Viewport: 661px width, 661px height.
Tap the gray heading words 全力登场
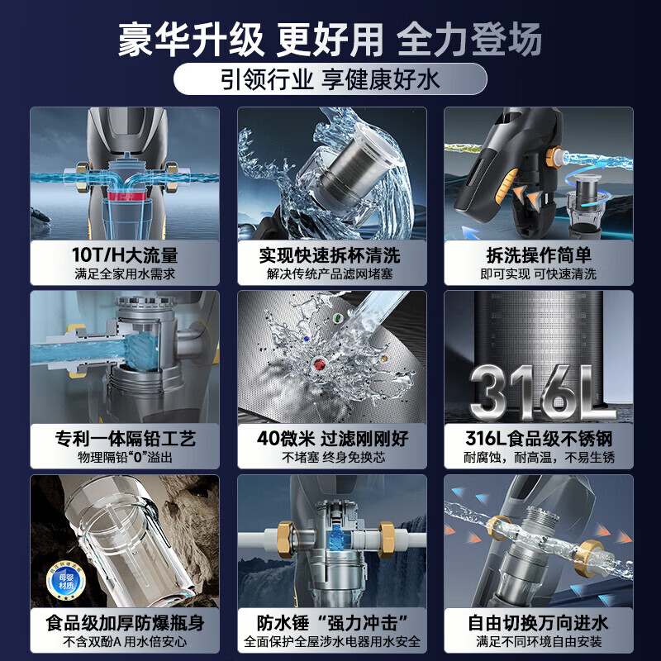coord(469,39)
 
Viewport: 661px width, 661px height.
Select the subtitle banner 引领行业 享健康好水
coord(330,81)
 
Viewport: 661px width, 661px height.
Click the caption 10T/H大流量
coord(125,254)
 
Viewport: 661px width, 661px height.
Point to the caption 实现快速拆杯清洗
coord(331,254)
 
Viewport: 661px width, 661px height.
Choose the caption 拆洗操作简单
coord(538,254)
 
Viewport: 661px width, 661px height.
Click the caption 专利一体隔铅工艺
coord(125,438)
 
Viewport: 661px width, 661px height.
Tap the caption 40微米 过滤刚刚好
coord(331,438)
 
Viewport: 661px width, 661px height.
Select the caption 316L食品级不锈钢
coord(538,438)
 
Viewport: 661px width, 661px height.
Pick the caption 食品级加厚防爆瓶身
coord(125,622)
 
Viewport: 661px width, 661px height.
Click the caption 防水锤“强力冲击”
coord(331,622)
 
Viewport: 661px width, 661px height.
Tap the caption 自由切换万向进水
coord(538,622)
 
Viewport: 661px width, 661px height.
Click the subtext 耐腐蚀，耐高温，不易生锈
coord(538,458)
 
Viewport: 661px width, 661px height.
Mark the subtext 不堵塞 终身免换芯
coord(331,458)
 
